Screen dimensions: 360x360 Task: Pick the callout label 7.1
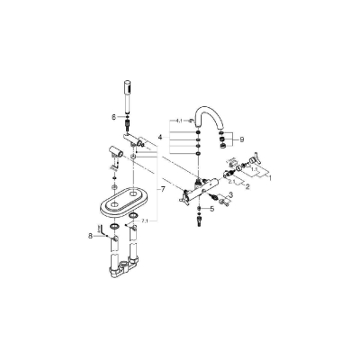[x=148, y=220]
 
